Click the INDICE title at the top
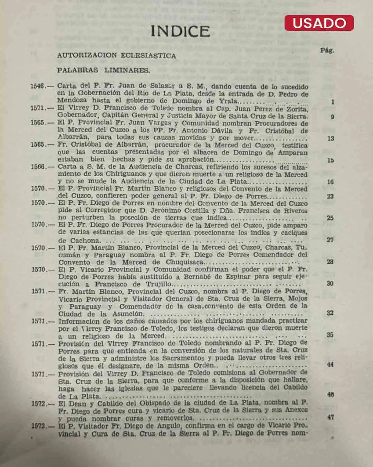[180, 31]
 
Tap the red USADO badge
[319, 23]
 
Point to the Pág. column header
[327, 51]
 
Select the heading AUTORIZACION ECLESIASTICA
[116, 55]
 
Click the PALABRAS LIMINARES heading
[103, 70]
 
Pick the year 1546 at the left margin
[38, 86]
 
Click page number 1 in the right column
[333, 102]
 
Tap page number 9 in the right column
[332, 117]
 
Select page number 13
[331, 138]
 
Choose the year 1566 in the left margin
[38, 167]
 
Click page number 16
[331, 182]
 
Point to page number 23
[331, 196]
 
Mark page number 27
[330, 240]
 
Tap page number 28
[330, 262]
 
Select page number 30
[330, 283]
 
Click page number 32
[330, 313]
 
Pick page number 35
[330, 335]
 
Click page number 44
[330, 364]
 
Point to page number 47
[331, 417]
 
